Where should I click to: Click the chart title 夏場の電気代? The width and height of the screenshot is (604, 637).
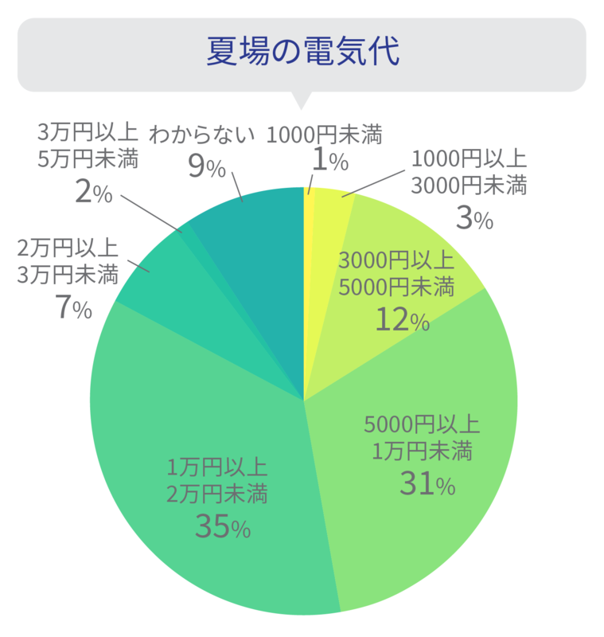[302, 51]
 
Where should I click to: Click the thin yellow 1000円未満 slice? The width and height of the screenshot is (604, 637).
[309, 239]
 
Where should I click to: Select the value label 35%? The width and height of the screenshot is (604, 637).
[222, 526]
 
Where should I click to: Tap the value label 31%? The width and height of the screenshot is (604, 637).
[427, 483]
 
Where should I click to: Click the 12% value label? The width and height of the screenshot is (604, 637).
[402, 320]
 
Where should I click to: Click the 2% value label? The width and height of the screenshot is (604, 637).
[92, 193]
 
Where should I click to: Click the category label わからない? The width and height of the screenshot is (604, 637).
[202, 134]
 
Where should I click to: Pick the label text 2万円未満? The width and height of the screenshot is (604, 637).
[216, 494]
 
